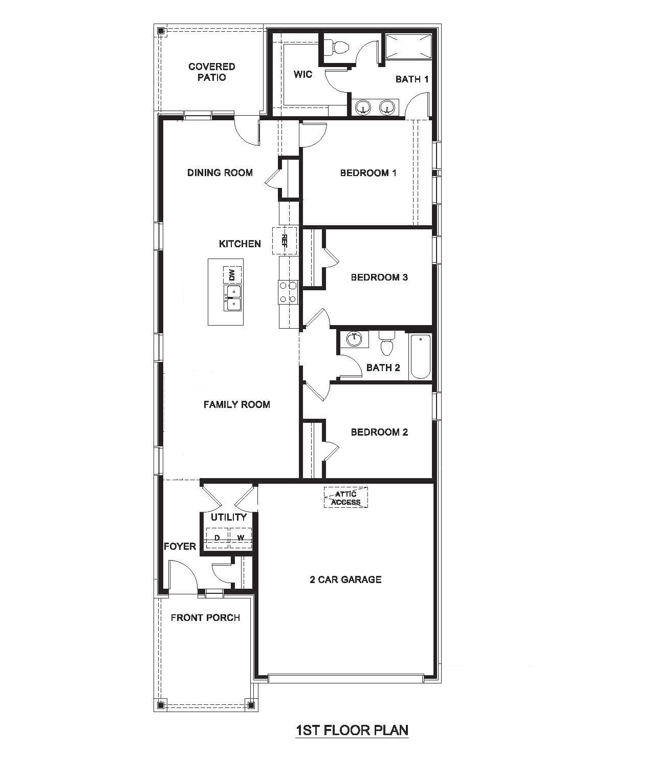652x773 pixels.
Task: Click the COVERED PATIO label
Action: [x=211, y=72]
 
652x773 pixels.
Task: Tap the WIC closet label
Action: [x=302, y=75]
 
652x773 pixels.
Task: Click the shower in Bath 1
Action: [x=408, y=47]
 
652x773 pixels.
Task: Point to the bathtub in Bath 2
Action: [x=420, y=356]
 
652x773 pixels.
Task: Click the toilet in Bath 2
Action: [x=386, y=343]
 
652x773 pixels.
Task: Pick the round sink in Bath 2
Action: [x=354, y=339]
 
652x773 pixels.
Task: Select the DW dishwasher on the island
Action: [x=232, y=275]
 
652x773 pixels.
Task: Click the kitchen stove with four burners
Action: [x=288, y=292]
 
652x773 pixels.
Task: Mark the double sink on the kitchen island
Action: [x=232, y=297]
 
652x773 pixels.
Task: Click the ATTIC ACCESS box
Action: [x=345, y=497]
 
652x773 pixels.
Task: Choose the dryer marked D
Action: [x=218, y=538]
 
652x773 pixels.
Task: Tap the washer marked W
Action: [x=241, y=538]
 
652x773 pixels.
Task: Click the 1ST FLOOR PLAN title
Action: [x=352, y=729]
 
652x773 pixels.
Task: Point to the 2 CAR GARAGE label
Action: [x=345, y=579]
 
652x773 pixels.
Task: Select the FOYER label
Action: [x=180, y=546]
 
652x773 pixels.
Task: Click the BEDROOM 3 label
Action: [x=379, y=277]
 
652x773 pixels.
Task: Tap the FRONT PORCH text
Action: [x=205, y=618]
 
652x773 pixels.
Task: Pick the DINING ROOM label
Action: [x=220, y=173]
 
